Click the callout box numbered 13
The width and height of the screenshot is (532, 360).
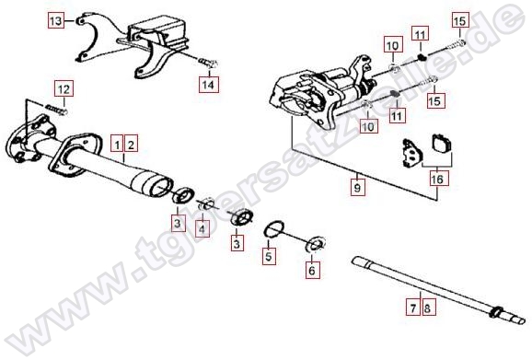click(56, 20)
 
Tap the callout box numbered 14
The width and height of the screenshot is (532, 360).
click(209, 84)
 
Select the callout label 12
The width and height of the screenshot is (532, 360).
click(64, 89)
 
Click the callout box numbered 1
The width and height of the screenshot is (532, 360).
click(118, 145)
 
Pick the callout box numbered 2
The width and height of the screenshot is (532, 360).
click(131, 145)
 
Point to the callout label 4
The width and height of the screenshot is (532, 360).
click(202, 228)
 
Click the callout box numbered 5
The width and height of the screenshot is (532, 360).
click(269, 256)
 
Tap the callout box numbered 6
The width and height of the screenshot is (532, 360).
click(313, 270)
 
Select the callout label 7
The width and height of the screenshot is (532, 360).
click(413, 308)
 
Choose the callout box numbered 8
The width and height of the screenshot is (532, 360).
click(428, 308)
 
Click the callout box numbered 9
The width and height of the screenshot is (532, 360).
click(358, 187)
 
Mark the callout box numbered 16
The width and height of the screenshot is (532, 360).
click(438, 178)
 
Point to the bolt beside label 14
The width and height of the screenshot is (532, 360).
click(207, 63)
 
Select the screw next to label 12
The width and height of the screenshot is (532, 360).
click(57, 110)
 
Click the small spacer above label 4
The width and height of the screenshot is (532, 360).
click(205, 204)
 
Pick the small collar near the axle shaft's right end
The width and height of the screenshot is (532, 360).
click(496, 311)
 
